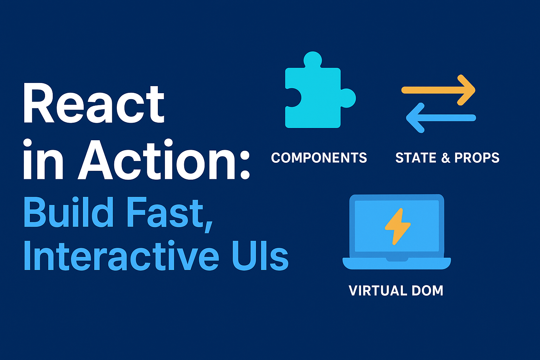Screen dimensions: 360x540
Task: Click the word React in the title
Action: pos(94,104)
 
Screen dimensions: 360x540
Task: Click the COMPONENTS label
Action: pos(319,158)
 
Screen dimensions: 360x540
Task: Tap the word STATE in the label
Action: pos(416,158)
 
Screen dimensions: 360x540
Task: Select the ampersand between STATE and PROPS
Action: pos(446,158)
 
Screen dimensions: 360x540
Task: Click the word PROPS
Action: pos(477,158)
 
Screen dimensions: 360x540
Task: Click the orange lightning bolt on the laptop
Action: pos(397,226)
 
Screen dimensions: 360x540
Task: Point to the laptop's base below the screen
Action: pos(397,263)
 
